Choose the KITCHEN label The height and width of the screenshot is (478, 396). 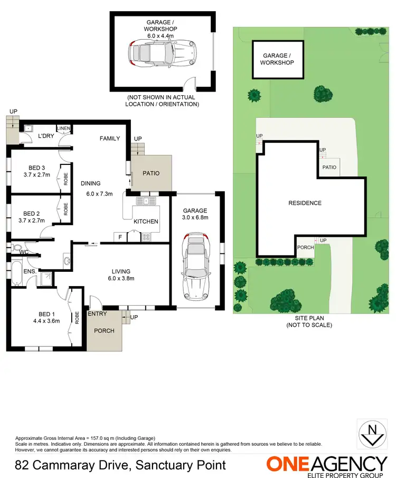(x=146, y=222)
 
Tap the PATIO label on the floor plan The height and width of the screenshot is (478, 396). (x=150, y=173)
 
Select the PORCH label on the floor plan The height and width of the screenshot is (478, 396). (x=103, y=331)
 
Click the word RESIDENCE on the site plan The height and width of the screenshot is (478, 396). (x=305, y=203)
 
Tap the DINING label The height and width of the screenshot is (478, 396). (x=90, y=183)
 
